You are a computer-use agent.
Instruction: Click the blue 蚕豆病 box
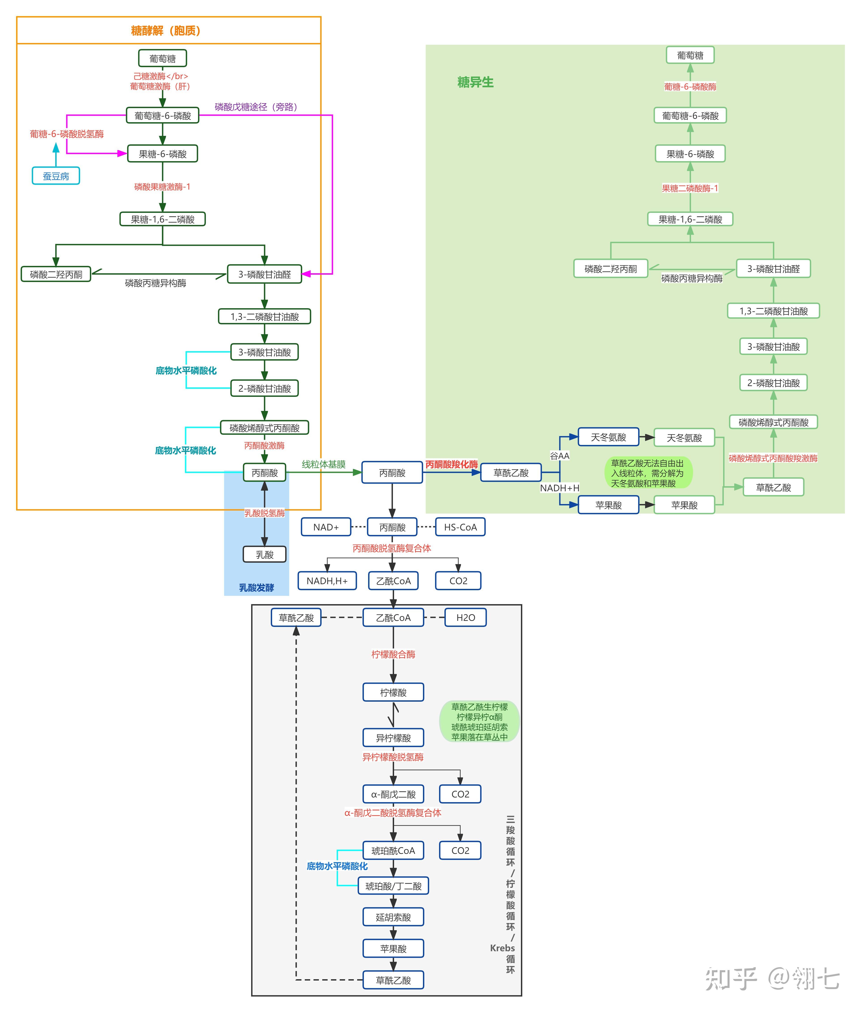coord(56,176)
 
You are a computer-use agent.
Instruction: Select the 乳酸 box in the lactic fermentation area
coord(264,554)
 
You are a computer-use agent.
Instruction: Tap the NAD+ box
coord(326,527)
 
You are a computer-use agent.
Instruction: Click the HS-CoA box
coord(460,527)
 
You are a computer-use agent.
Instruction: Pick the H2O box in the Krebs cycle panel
coord(466,617)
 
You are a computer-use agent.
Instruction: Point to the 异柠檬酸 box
coord(393,737)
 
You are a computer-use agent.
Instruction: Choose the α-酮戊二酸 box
coord(393,794)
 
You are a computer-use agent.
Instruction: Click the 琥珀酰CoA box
coord(393,850)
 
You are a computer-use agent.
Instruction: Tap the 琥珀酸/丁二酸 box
coord(393,886)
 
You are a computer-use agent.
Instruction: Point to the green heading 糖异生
coord(476,82)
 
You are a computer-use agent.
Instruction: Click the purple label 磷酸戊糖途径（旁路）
coord(256,107)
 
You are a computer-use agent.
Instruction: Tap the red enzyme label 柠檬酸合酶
coord(393,654)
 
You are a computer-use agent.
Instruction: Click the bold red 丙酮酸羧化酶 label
coord(452,464)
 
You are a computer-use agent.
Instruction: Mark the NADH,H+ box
coord(327,581)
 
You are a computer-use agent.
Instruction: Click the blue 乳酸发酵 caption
coord(256,587)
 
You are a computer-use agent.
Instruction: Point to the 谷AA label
coord(559,455)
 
